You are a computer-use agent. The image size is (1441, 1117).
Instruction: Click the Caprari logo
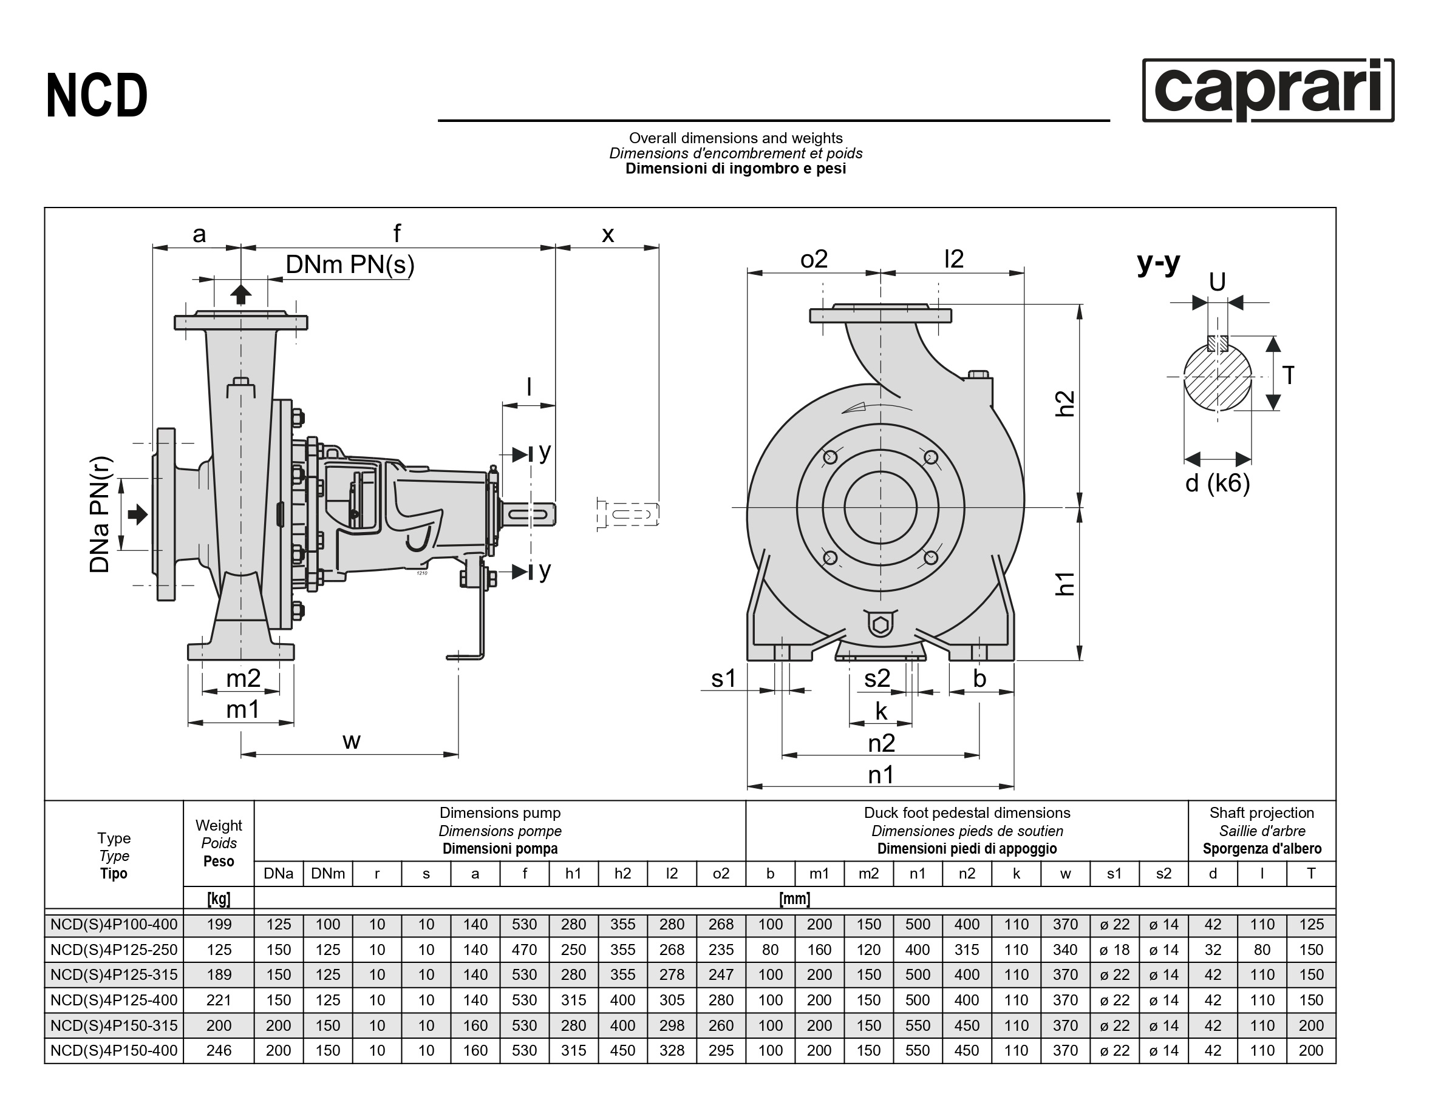click(1267, 90)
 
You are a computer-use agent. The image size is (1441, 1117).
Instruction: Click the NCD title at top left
click(97, 96)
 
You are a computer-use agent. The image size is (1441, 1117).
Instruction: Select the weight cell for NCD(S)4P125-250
click(219, 950)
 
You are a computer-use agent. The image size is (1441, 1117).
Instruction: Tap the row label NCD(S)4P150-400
click(114, 1050)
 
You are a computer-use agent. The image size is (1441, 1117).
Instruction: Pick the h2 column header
click(622, 874)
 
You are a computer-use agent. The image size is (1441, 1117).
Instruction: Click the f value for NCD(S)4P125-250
click(524, 950)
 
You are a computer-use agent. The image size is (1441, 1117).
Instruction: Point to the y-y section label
click(1158, 263)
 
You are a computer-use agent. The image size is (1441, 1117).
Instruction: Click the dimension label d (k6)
click(1218, 484)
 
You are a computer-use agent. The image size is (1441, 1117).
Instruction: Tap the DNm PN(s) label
click(350, 265)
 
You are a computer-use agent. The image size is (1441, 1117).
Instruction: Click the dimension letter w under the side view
click(351, 740)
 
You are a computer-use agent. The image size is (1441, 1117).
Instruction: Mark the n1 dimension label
click(881, 775)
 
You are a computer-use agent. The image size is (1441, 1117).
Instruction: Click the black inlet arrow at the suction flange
click(137, 515)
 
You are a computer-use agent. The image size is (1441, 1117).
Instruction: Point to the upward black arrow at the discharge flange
click(242, 294)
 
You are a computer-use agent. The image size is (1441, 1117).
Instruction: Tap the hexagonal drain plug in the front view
click(880, 624)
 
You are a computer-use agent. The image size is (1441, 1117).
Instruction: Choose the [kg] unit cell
click(219, 898)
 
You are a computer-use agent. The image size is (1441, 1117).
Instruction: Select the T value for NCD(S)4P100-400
click(1310, 925)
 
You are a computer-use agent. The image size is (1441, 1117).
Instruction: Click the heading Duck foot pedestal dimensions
click(967, 813)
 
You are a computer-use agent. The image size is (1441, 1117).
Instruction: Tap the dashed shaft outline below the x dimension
click(627, 515)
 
